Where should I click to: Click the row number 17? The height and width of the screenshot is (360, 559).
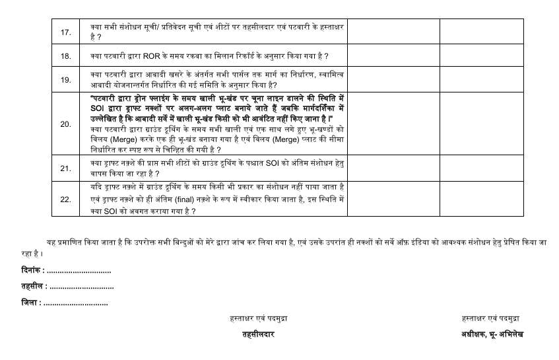click(x=65, y=31)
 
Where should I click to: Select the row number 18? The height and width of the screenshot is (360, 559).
click(x=65, y=57)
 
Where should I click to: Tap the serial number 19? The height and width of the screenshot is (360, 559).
click(x=65, y=80)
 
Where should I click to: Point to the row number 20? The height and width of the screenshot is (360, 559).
click(x=65, y=124)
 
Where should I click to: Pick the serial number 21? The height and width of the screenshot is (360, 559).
click(x=65, y=168)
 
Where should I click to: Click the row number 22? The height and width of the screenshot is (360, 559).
click(x=65, y=199)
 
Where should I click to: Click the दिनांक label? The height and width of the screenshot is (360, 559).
click(x=33, y=271)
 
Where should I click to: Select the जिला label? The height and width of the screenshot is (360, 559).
click(x=30, y=303)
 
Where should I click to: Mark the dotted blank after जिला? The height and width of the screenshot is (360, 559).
click(x=75, y=303)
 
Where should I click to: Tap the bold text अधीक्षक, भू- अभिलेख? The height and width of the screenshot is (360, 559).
click(x=492, y=334)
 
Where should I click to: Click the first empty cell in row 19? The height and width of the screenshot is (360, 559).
click(x=393, y=80)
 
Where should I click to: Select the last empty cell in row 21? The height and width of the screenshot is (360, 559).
click(x=482, y=168)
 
